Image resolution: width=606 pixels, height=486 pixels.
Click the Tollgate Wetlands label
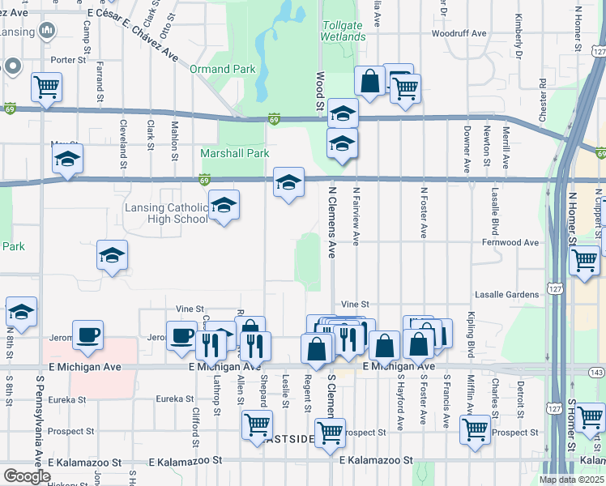pos(344,31)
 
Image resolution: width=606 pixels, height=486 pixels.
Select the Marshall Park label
pos(235,153)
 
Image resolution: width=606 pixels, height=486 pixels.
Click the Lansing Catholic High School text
pos(166,213)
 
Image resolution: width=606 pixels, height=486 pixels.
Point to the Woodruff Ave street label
pos(459,33)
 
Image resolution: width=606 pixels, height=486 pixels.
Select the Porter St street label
pos(68,60)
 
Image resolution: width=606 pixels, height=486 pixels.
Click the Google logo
pos(27,476)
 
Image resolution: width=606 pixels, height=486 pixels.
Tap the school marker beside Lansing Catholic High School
pos(224,207)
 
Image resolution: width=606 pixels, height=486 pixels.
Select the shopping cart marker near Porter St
pos(47,86)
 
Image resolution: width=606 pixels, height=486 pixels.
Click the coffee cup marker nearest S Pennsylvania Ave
pos(87,334)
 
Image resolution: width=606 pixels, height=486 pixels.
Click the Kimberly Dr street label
pos(517,35)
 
